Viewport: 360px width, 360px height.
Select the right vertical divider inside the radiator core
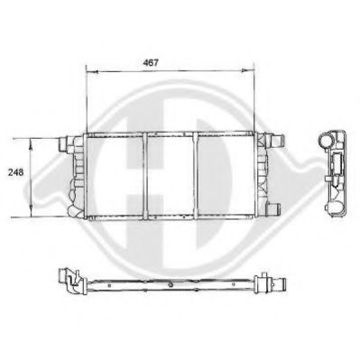click(x=198, y=176)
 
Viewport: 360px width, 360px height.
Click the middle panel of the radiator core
click(x=171, y=176)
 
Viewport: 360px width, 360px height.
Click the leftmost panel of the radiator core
click(x=115, y=176)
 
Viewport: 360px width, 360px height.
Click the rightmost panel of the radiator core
click(x=226, y=176)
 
